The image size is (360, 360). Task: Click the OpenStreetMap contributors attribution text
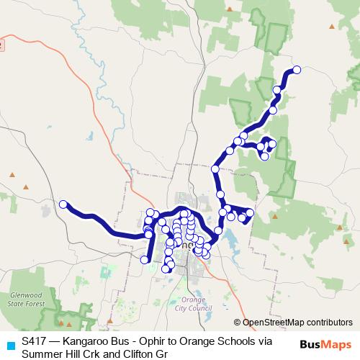point(297,323)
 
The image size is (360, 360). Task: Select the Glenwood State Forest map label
point(27,300)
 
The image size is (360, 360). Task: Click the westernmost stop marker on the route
point(63,204)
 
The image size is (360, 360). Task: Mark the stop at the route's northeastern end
point(296,70)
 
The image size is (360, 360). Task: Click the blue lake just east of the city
point(234,249)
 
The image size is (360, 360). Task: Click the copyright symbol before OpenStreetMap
point(238,323)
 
